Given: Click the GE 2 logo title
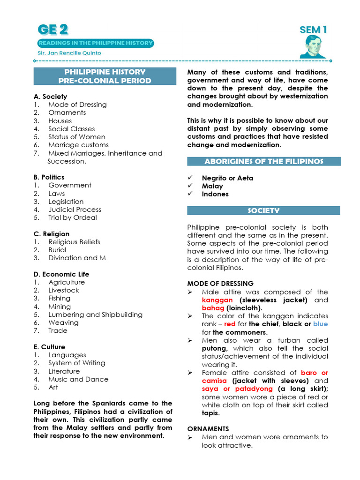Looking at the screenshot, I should pyautogui.click(x=53, y=30).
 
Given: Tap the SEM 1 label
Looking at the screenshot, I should pyautogui.click(x=313, y=30).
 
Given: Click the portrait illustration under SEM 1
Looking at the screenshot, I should pyautogui.click(x=313, y=47).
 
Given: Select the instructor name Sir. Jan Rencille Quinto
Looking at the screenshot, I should pyautogui.click(x=69, y=53).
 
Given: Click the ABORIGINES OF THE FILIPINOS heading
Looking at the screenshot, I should pyautogui.click(x=264, y=161).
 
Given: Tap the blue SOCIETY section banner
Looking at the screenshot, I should pyautogui.click(x=264, y=210).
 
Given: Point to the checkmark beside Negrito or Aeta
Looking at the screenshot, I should pyautogui.click(x=190, y=178).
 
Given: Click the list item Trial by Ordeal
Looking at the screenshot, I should pyautogui.click(x=72, y=217).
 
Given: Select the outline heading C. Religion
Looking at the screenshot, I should pyautogui.click(x=52, y=234).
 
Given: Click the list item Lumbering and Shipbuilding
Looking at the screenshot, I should pyautogui.click(x=95, y=315).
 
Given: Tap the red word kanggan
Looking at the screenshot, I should pyautogui.click(x=217, y=300).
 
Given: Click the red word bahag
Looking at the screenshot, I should pyautogui.click(x=213, y=308).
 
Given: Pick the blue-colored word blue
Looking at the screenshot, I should pyautogui.click(x=321, y=324).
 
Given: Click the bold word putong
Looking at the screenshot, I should pyautogui.click(x=214, y=348).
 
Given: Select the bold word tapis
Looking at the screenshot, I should pyautogui.click(x=210, y=413).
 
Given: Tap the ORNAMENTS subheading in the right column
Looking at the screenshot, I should pyautogui.click(x=208, y=429).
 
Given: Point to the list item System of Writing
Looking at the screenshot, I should pyautogui.click(x=76, y=363).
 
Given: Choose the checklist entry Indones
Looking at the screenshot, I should pyautogui.click(x=215, y=194).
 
